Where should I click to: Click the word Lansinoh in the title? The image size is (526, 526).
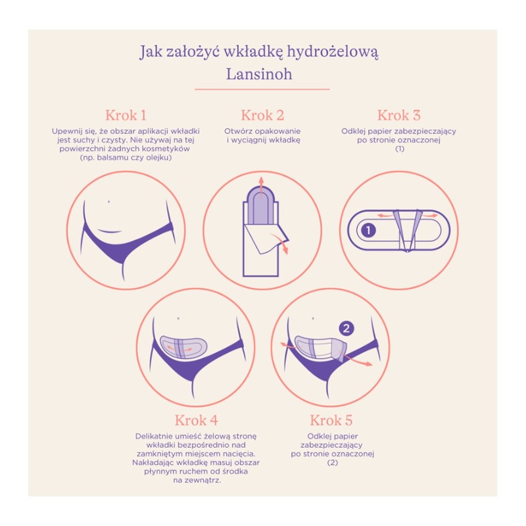coord(259,74)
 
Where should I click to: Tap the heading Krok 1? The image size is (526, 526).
coord(126,115)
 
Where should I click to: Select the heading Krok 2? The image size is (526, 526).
coord(262,115)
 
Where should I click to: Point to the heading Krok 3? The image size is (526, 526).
coord(399,115)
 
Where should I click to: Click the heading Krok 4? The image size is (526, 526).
coord(196,420)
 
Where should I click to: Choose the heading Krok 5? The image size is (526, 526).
coord(331,420)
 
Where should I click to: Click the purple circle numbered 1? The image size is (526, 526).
coord(368,231)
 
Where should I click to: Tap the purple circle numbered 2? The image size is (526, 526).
coord(347,328)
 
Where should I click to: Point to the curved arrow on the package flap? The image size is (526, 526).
coord(281,242)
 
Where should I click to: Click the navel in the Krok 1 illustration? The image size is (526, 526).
coord(108,202)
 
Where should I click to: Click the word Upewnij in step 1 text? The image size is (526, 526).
coord(65,131)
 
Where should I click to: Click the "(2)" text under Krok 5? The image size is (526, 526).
coord(333,463)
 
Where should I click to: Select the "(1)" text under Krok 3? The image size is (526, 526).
coord(400,149)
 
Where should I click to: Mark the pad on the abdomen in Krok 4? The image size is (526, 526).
coord(183,347)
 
